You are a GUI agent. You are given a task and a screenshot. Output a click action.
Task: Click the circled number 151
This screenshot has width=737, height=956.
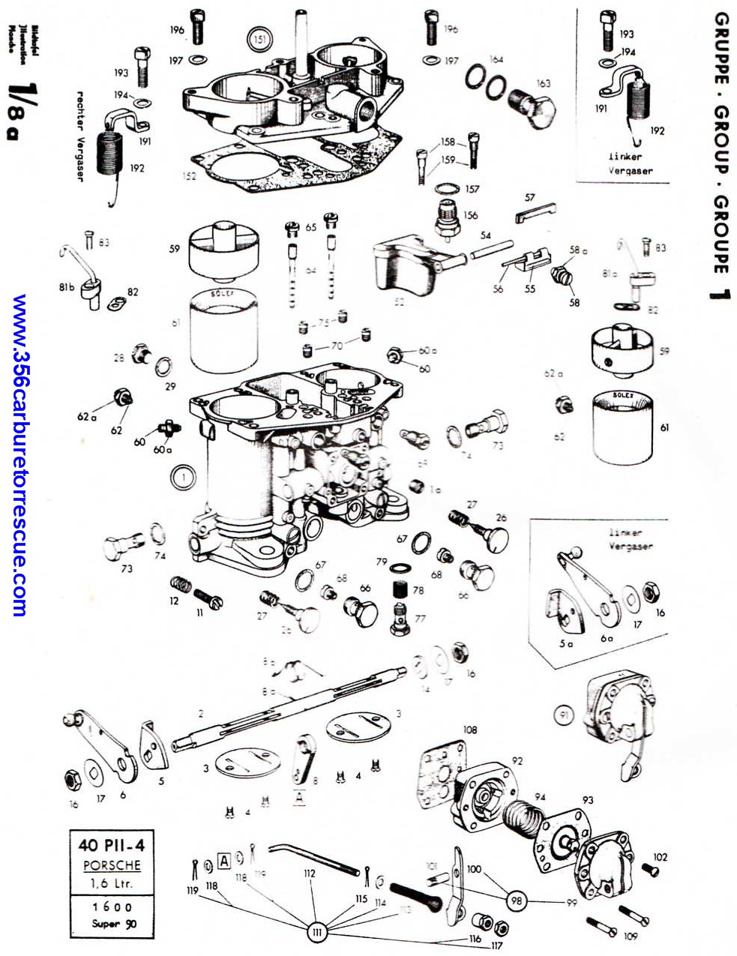click(x=259, y=38)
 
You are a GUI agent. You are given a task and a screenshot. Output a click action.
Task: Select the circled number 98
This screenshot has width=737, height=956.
click(x=516, y=901)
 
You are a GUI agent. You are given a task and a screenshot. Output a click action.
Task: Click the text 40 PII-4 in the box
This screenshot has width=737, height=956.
click(x=111, y=845)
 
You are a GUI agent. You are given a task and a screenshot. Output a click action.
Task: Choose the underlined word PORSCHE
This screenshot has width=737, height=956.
click(x=112, y=865)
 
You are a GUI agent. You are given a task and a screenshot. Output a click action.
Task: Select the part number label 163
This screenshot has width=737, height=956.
click(x=543, y=84)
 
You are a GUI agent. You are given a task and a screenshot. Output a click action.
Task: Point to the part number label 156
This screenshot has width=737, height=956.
click(x=470, y=215)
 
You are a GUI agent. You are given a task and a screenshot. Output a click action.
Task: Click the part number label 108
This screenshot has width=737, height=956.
click(x=470, y=730)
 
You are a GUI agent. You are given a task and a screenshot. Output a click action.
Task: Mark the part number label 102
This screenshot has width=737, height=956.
click(x=660, y=857)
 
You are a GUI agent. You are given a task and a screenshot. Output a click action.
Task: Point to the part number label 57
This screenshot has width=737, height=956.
click(x=530, y=198)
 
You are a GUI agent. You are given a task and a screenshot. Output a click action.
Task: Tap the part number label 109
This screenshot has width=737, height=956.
click(x=631, y=937)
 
